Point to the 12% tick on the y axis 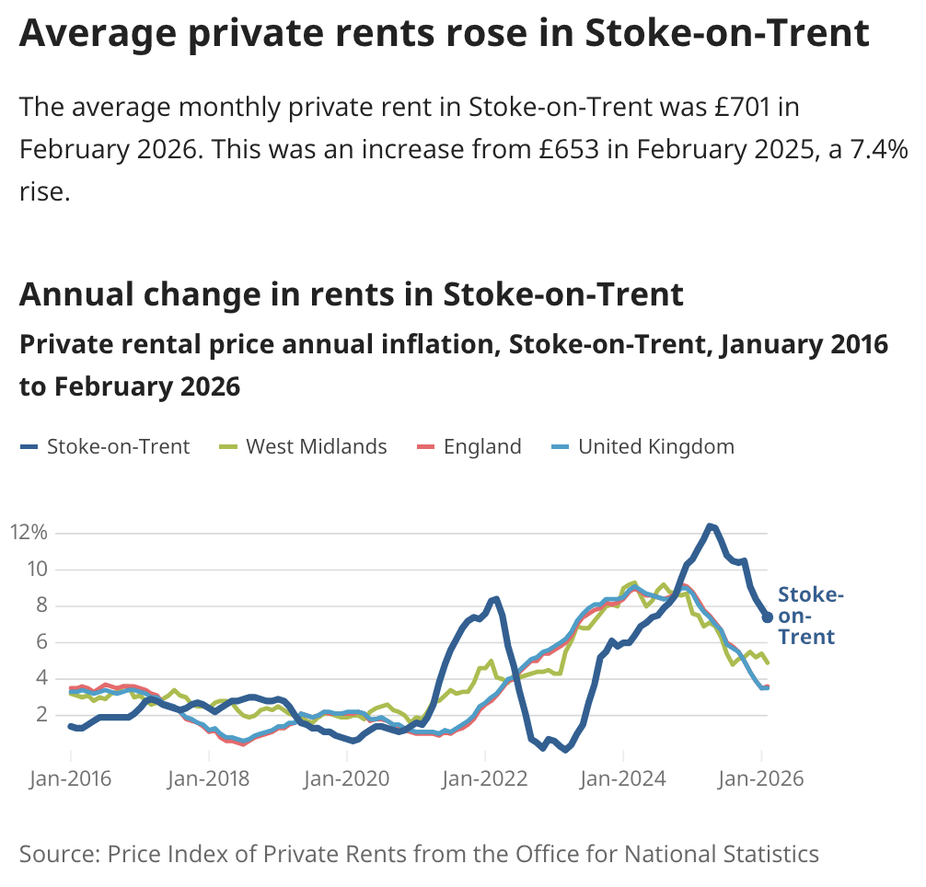tap(29, 533)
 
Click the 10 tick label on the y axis tap(35, 569)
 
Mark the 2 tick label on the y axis tap(41, 714)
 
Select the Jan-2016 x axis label tap(70, 778)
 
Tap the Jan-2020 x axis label tap(347, 778)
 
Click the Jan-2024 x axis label tap(623, 778)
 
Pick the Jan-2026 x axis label tap(761, 778)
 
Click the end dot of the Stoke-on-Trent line tap(767, 617)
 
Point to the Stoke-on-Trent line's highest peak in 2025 tap(710, 526)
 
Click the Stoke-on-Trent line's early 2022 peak tap(495, 599)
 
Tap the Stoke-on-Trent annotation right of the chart tap(807, 616)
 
